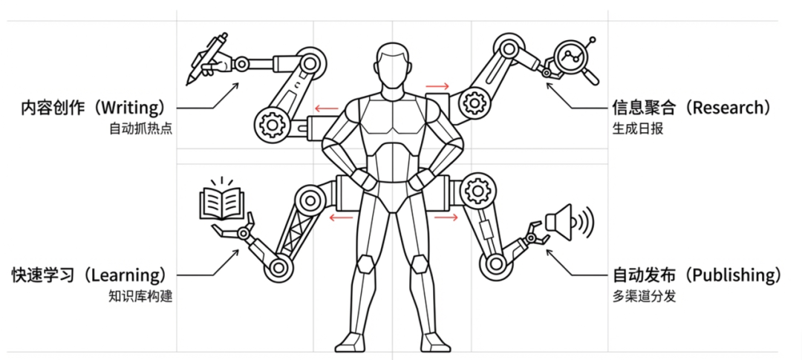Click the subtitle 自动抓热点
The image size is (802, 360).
[x=140, y=129]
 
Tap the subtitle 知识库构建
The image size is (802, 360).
[x=140, y=297]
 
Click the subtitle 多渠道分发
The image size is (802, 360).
[x=644, y=297]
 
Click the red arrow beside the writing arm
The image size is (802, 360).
[x=326, y=108]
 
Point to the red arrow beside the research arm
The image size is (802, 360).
[x=437, y=85]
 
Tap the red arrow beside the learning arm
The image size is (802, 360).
[x=341, y=218]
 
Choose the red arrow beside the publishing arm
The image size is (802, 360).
[x=446, y=217]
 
